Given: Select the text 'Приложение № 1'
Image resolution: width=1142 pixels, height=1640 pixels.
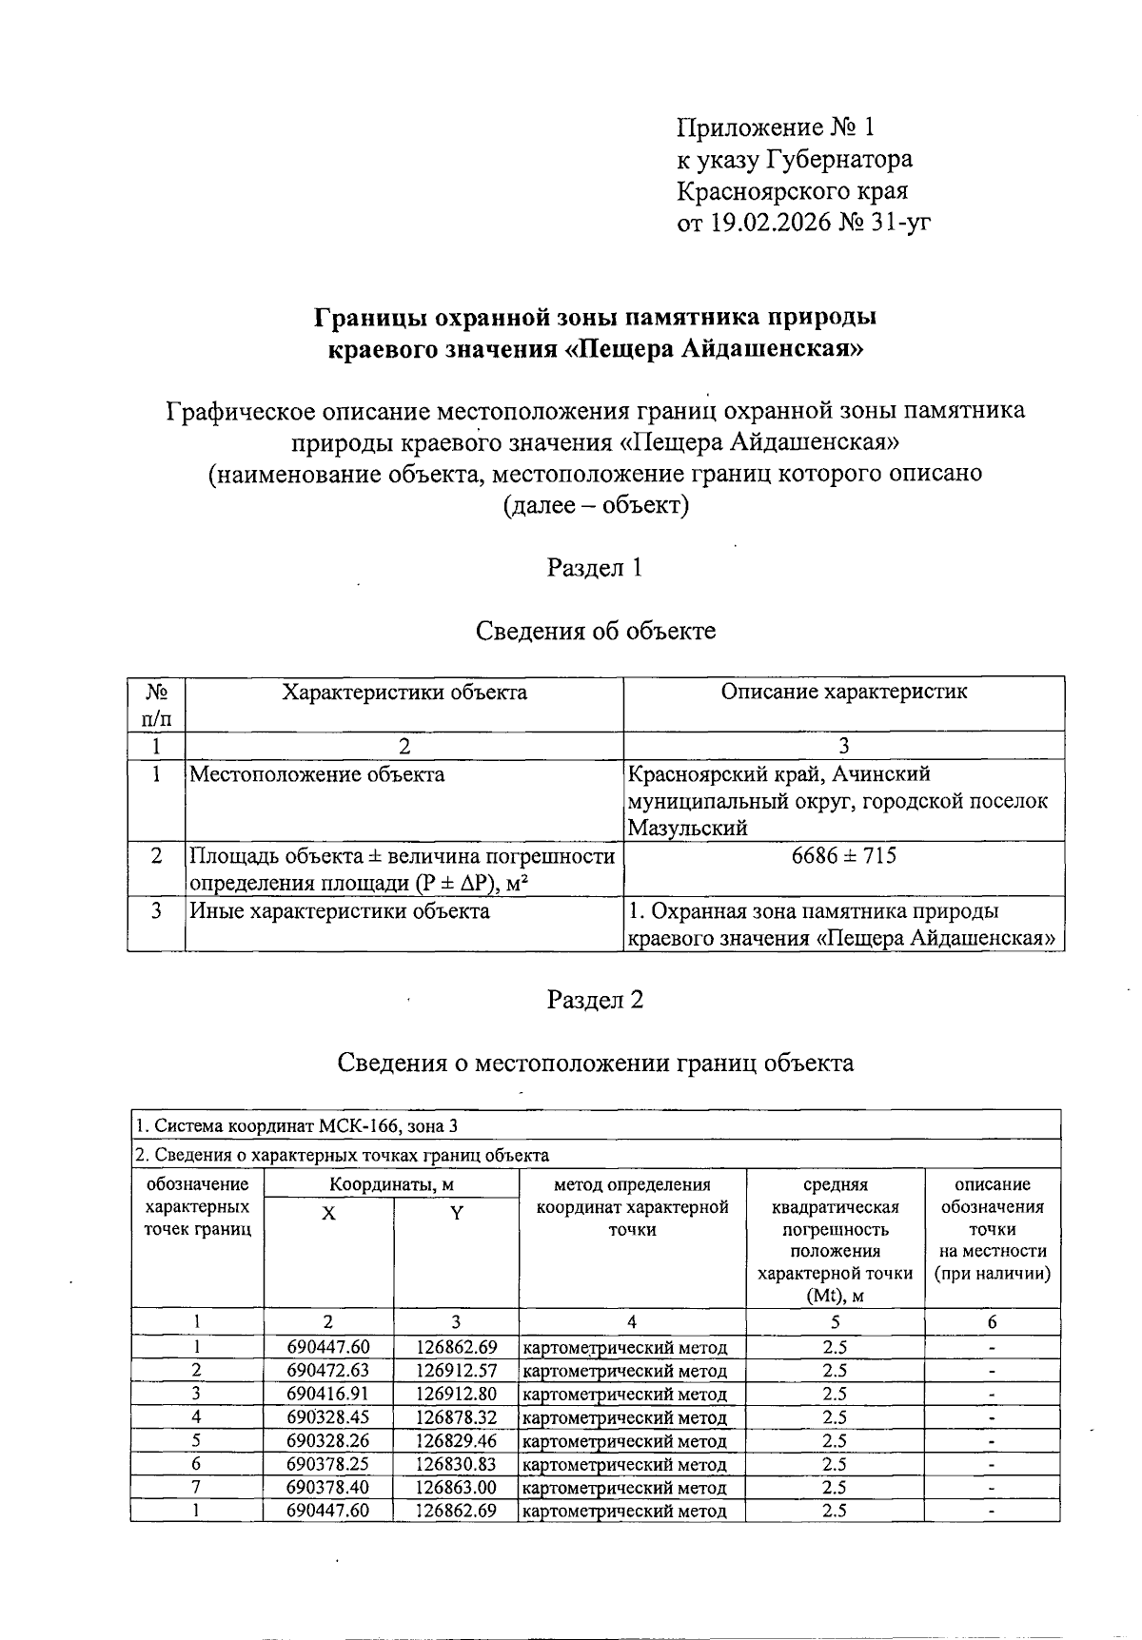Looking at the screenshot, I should (x=775, y=127).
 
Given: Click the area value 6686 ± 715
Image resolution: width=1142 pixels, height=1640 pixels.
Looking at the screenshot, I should (x=843, y=855).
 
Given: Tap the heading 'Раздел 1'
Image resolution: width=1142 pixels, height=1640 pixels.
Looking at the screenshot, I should (x=595, y=568).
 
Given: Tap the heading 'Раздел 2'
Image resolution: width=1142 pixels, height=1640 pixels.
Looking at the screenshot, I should (x=595, y=1000).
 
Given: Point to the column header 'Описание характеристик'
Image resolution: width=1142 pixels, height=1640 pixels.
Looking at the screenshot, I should (x=843, y=692).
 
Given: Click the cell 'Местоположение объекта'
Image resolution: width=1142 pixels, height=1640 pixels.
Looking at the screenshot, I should (x=317, y=774).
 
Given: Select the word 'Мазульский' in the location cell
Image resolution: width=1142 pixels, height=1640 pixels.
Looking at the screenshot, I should (x=687, y=828).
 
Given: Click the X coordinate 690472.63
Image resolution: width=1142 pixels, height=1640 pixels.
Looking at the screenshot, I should (x=327, y=1371).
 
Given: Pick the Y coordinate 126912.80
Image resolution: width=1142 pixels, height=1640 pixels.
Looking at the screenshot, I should (x=456, y=1394).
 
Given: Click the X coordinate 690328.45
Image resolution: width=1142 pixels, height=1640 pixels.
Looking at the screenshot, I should (x=327, y=1417).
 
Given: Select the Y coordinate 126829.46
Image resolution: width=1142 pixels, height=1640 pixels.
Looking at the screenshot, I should (x=456, y=1440).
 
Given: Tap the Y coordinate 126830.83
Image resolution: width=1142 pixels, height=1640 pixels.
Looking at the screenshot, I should (x=456, y=1464).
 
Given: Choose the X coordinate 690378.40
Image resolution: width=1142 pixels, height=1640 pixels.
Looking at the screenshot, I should (x=327, y=1487).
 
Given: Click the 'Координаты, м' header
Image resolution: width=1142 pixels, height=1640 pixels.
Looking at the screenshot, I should (x=391, y=1185).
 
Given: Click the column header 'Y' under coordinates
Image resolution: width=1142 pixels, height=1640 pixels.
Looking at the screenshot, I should (x=456, y=1214).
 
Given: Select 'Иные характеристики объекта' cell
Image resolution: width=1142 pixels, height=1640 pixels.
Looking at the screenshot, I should (x=340, y=911).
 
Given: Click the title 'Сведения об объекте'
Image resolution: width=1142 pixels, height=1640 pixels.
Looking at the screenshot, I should (x=595, y=630).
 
